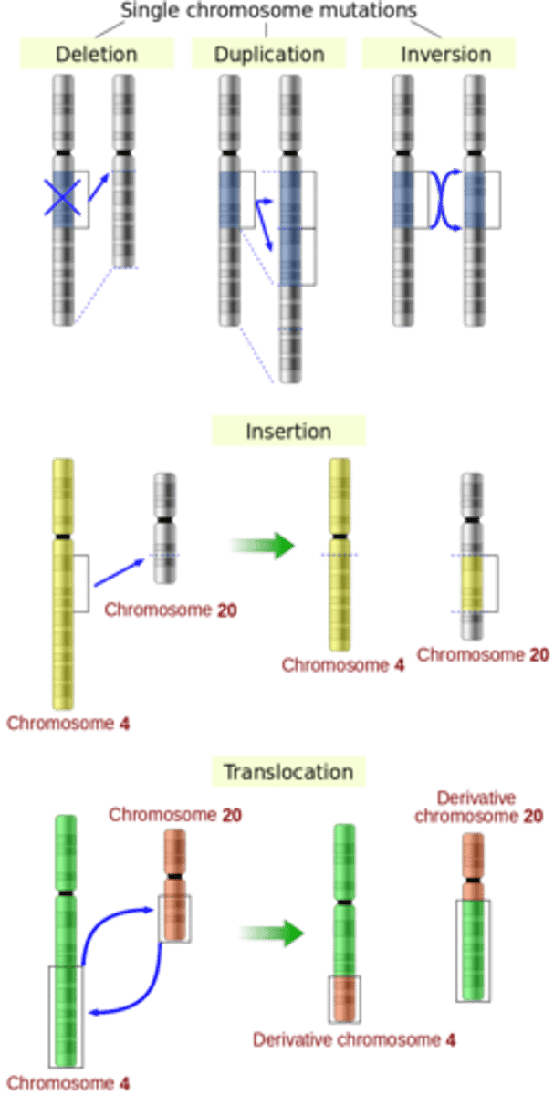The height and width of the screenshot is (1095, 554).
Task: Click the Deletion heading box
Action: coord(96,54)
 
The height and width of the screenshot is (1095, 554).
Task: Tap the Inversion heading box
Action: coord(438,54)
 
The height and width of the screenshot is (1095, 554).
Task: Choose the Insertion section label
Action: coord(288,431)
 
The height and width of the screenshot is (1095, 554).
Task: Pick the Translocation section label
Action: coord(288,772)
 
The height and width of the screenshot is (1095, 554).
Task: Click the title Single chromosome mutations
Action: coord(268,10)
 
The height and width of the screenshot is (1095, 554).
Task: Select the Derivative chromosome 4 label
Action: coord(354,1039)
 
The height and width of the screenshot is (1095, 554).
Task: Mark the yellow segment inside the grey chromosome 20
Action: coord(473,584)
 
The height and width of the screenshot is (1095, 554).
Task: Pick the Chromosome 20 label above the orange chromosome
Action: coord(174,814)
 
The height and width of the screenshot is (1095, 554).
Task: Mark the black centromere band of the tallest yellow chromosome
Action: coord(63,536)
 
